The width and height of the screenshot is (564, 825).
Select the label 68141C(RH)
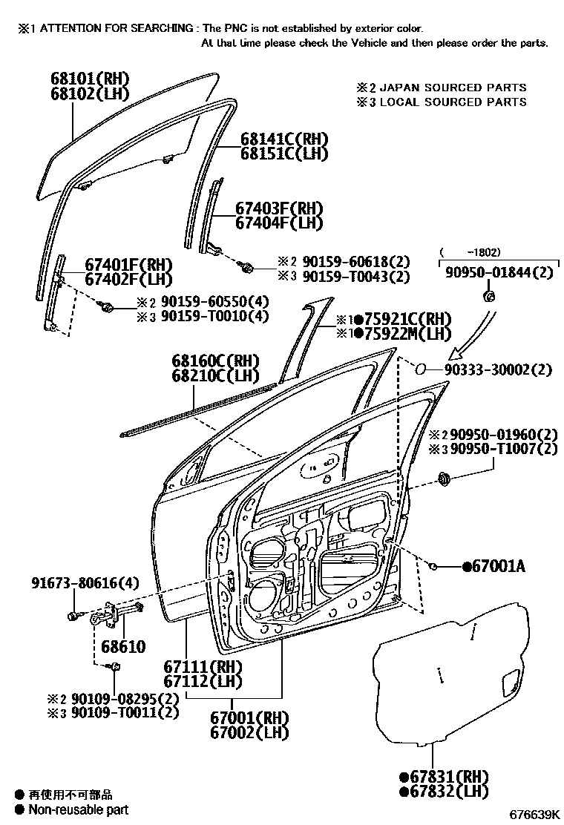pyautogui.click(x=273, y=139)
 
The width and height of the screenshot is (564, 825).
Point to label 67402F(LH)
pyautogui.click(x=128, y=279)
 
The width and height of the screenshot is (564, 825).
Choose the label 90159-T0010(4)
pyautogui.click(x=204, y=316)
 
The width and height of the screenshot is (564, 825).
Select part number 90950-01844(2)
pyautogui.click(x=499, y=273)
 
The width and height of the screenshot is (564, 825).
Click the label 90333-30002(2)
pyautogui.click(x=499, y=369)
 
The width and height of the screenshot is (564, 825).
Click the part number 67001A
pyautogui.click(x=498, y=567)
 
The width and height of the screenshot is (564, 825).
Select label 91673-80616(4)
pyautogui.click(x=85, y=582)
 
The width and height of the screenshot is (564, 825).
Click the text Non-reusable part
pyautogui.click(x=79, y=809)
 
